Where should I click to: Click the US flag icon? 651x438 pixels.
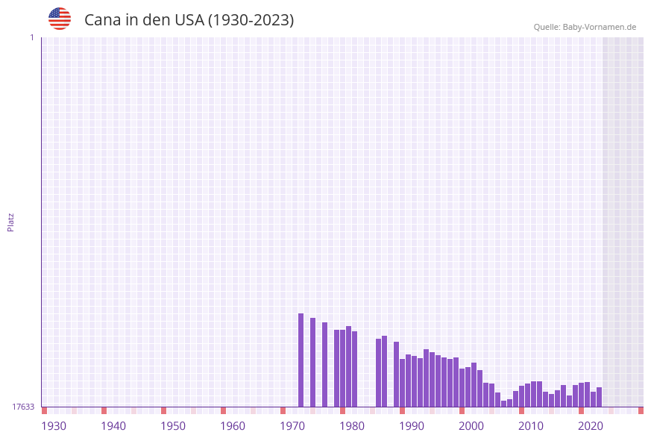pos(60,19)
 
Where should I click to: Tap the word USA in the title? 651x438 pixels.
pos(189,20)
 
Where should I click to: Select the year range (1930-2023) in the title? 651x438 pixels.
pos(251,20)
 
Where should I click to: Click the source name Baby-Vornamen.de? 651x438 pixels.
pos(600,28)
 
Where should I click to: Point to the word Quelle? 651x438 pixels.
pos(547,28)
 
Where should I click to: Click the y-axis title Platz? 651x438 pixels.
pos(11,222)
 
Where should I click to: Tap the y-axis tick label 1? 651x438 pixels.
pos(31,38)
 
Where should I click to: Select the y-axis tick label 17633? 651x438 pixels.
pos(23,407)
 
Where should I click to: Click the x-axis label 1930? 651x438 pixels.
pos(54,426)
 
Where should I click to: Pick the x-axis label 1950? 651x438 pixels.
pos(173,426)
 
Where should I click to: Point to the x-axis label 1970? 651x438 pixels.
pos(292,426)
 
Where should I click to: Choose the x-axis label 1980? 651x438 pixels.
pos(352,426)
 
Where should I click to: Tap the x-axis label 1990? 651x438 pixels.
pos(412,426)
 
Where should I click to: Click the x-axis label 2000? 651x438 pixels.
pos(471,426)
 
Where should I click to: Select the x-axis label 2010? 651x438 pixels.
pos(531,426)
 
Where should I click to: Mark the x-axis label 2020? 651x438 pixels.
pos(591,426)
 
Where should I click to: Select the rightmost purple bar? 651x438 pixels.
pos(600,397)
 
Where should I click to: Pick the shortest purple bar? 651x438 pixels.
pos(504,404)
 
